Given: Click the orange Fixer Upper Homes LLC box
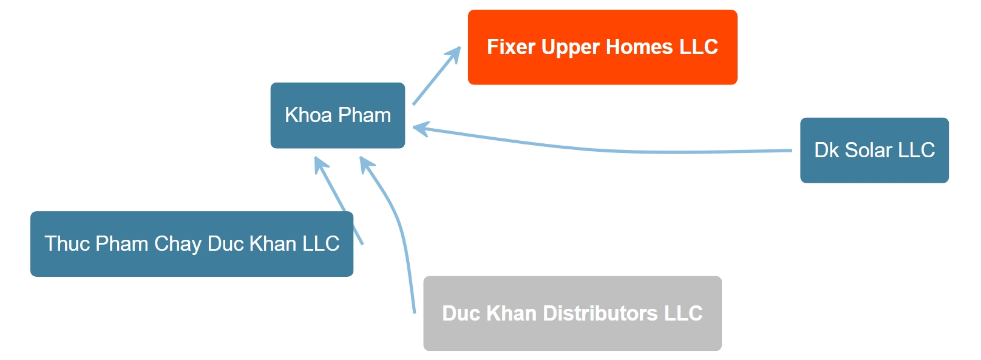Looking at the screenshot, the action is point(603,47).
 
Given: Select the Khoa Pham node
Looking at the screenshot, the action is point(338,115).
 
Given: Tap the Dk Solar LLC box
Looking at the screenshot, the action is point(875,150).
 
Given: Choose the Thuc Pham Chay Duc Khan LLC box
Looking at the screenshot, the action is point(192,244).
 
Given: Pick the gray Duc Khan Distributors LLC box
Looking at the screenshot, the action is point(572,313).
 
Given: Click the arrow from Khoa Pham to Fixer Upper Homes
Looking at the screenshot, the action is point(436,75).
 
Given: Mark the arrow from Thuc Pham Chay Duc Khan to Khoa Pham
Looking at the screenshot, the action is point(339,200).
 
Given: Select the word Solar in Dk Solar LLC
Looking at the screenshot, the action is point(869,150).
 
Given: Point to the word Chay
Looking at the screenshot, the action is point(177,245).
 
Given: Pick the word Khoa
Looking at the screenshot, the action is point(308,115).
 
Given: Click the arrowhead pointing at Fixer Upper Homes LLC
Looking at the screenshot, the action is point(454,54).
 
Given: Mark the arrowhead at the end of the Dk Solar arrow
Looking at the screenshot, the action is point(421,129).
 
